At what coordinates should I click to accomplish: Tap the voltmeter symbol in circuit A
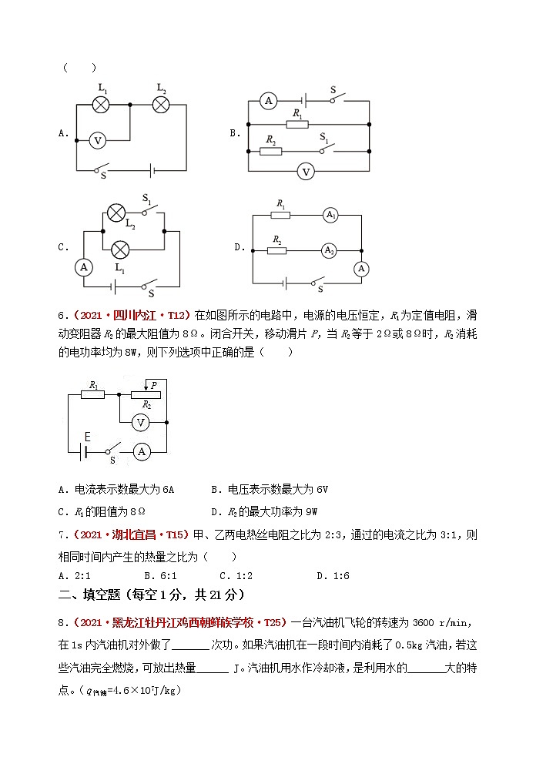[x=97, y=140]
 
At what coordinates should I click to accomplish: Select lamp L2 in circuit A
[x=161, y=106]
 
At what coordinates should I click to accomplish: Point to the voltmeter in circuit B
[x=306, y=171]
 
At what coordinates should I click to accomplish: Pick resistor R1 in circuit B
[x=296, y=123]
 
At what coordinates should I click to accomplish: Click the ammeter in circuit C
[x=84, y=266]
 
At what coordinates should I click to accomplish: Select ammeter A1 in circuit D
[x=330, y=216]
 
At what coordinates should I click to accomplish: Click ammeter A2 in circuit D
[x=330, y=250]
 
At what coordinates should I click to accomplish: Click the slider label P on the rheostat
[x=153, y=384]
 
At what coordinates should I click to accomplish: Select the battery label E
[x=87, y=437]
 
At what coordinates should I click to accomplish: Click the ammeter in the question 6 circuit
[x=141, y=452]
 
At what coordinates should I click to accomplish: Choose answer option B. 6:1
[x=160, y=574]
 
